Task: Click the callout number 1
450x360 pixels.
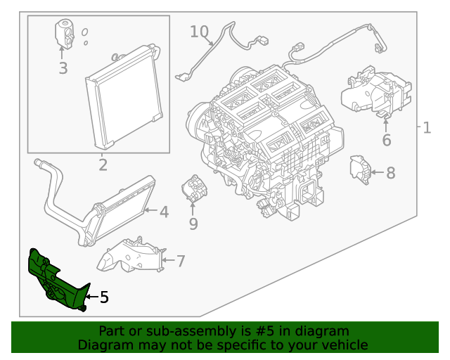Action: tap(427, 128)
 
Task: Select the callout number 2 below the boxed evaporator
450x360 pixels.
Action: tap(103, 166)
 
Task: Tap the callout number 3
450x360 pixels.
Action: tap(63, 68)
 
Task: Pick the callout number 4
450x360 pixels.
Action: tap(163, 212)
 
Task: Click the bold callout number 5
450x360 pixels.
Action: tap(104, 297)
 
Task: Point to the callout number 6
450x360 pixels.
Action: tap(386, 141)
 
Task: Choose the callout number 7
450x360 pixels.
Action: tap(180, 262)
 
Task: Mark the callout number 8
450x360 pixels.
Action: tap(390, 172)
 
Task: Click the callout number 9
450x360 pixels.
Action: tap(193, 224)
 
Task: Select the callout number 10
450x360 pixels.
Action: tap(199, 32)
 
